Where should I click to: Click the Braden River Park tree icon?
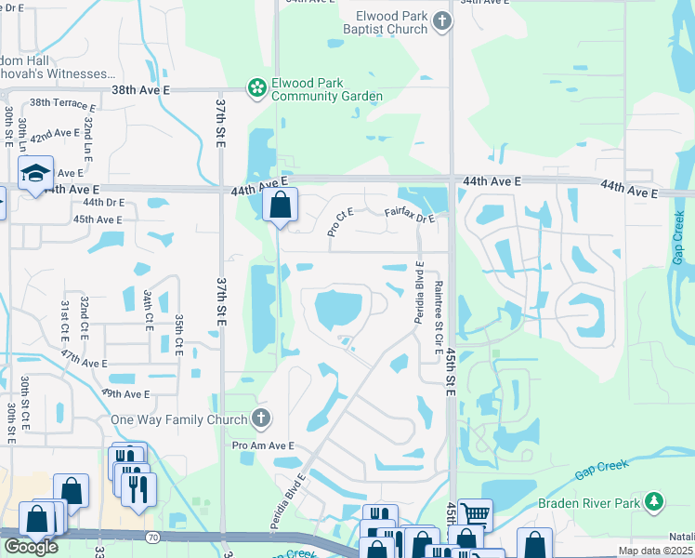(x=655, y=503)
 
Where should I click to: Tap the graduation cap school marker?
(x=35, y=174)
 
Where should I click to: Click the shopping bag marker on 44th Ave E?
(x=280, y=204)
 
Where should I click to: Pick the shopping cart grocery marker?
(x=475, y=514)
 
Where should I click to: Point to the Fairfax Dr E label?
(x=410, y=217)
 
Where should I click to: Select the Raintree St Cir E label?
(x=438, y=316)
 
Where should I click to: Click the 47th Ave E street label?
(x=84, y=359)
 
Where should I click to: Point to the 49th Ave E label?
(x=125, y=394)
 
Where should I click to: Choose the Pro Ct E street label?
(x=340, y=222)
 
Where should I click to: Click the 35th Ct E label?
(x=178, y=334)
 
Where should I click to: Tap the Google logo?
(x=31, y=547)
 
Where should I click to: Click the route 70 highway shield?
(x=150, y=537)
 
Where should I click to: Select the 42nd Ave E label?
(x=55, y=135)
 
